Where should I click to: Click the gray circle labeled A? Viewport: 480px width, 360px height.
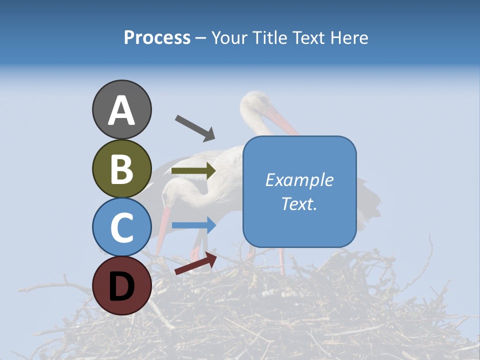coord(121,109)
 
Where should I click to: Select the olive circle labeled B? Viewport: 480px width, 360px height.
coord(121,168)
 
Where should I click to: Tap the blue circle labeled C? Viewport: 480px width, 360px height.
coord(121,227)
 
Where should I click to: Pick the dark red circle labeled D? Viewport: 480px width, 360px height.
coord(121,285)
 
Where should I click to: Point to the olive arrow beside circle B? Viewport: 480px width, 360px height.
coord(193,171)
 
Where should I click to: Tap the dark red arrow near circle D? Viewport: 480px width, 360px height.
coord(195,263)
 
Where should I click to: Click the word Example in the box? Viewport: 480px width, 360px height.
coord(299,180)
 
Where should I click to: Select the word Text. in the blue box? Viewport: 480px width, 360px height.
coord(299,203)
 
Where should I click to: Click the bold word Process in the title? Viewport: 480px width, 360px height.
coord(157,37)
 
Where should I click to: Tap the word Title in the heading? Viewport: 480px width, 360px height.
coord(269,37)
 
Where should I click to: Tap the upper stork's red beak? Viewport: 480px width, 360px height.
coord(282,123)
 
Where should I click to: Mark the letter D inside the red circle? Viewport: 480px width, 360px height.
coord(121,286)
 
